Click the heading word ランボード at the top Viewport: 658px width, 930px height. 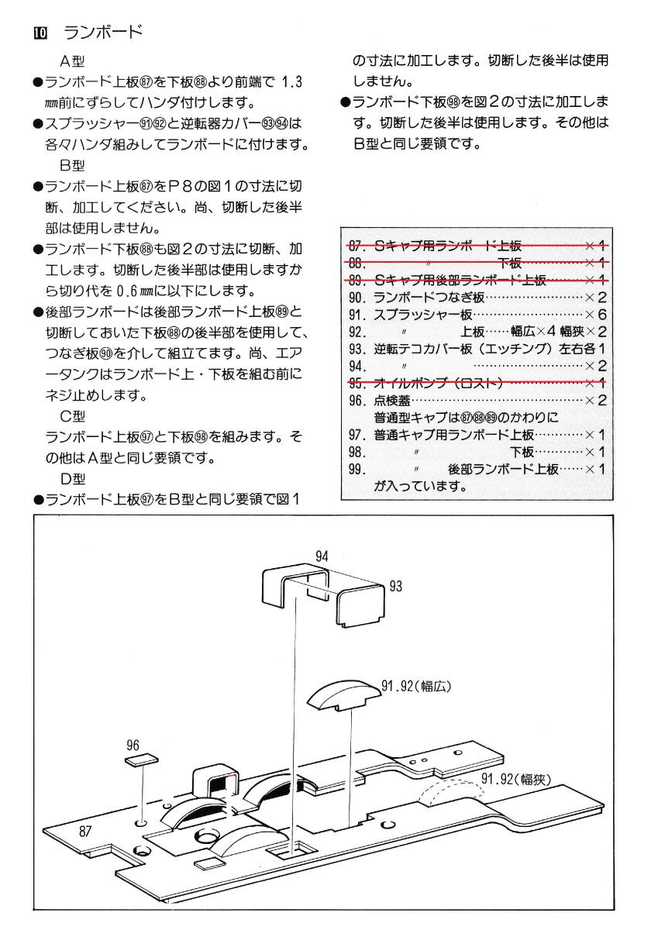[x=103, y=32]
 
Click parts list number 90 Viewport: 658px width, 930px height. [x=357, y=297]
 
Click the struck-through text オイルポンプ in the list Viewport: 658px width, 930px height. [x=419, y=383]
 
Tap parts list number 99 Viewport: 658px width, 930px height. [x=357, y=470]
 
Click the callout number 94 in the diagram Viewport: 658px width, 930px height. [x=322, y=555]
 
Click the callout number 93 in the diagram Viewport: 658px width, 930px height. [x=396, y=587]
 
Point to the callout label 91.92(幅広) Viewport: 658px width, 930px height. [x=416, y=686]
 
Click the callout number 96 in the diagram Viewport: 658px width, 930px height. [x=133, y=745]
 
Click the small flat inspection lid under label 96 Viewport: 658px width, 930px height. [x=141, y=761]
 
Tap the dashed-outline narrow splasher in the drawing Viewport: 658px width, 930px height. [x=450, y=794]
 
